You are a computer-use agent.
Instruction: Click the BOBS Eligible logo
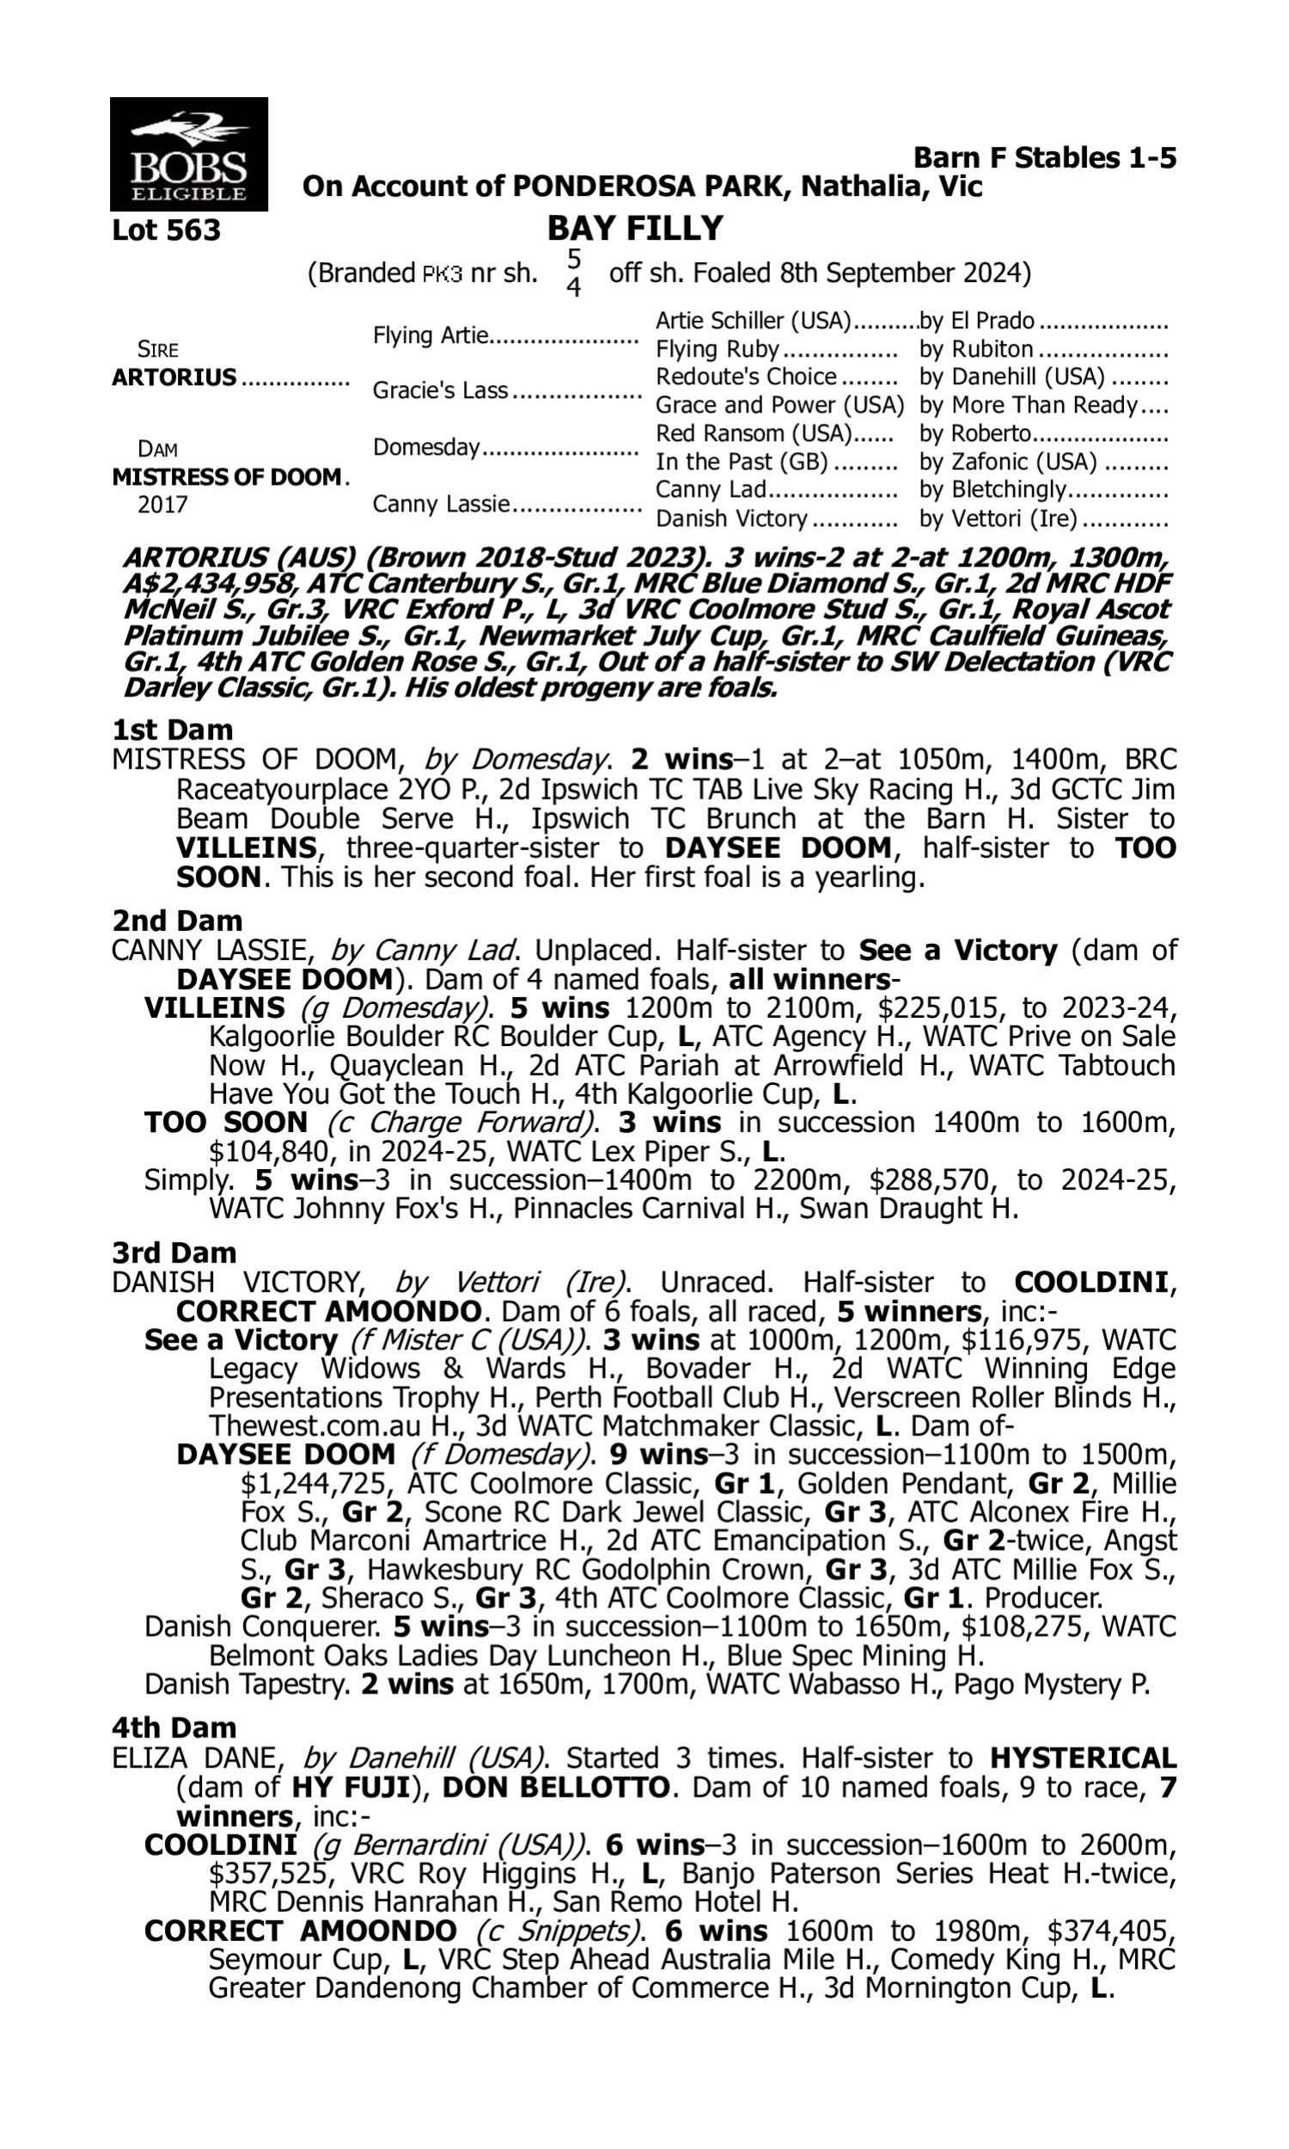coord(188,154)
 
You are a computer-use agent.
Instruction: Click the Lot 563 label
coord(166,231)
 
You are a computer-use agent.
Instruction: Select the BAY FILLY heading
coord(635,229)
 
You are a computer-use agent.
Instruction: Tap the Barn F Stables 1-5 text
coord(1045,158)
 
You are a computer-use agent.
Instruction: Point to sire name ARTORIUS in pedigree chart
coord(174,378)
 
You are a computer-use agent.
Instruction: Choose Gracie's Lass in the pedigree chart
coord(439,391)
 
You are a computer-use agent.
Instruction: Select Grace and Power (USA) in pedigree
coord(779,406)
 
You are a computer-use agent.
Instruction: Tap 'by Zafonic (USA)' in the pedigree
coord(1008,462)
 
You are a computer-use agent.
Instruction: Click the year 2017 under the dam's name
coord(162,505)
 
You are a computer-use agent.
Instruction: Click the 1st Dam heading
coord(172,730)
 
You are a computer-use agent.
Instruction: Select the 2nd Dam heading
coord(176,921)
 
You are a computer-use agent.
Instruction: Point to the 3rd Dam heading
coord(174,1252)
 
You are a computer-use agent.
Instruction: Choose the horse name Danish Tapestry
coord(246,1684)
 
